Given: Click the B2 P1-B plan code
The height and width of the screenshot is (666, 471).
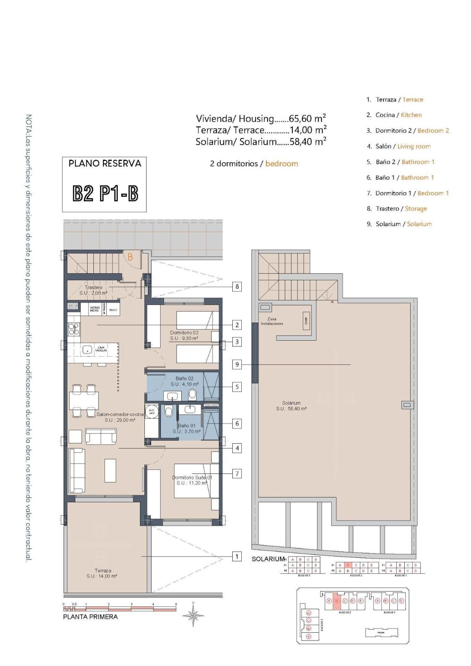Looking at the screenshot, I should [x=105, y=194].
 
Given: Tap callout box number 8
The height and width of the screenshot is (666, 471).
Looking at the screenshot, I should [x=237, y=287].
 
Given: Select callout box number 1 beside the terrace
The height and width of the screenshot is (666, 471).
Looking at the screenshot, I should [x=237, y=556].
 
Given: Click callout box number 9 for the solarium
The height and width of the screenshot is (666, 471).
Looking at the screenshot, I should [x=237, y=365].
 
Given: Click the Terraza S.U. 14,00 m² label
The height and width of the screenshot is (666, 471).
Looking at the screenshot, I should [x=102, y=573].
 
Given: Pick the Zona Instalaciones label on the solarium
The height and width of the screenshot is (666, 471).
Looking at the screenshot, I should [x=272, y=321].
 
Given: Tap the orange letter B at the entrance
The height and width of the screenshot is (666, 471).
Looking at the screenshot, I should [x=130, y=258].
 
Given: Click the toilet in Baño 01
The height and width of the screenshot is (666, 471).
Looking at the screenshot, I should [x=169, y=412].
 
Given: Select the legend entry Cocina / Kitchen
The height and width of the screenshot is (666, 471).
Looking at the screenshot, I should [x=398, y=115].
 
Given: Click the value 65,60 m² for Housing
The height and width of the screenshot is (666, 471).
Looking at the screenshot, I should [x=307, y=118].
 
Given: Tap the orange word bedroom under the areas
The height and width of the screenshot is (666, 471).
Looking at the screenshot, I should [x=281, y=163].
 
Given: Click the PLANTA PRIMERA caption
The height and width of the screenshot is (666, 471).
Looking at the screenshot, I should [x=90, y=617].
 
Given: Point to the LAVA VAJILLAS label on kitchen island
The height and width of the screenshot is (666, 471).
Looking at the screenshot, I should [x=100, y=348].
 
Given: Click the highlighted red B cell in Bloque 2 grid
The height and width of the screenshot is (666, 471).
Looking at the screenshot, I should [x=347, y=565].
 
